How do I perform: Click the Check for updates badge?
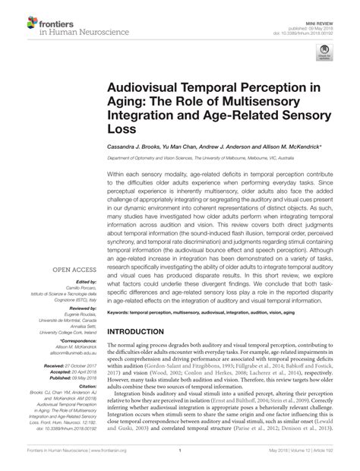[327, 52]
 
